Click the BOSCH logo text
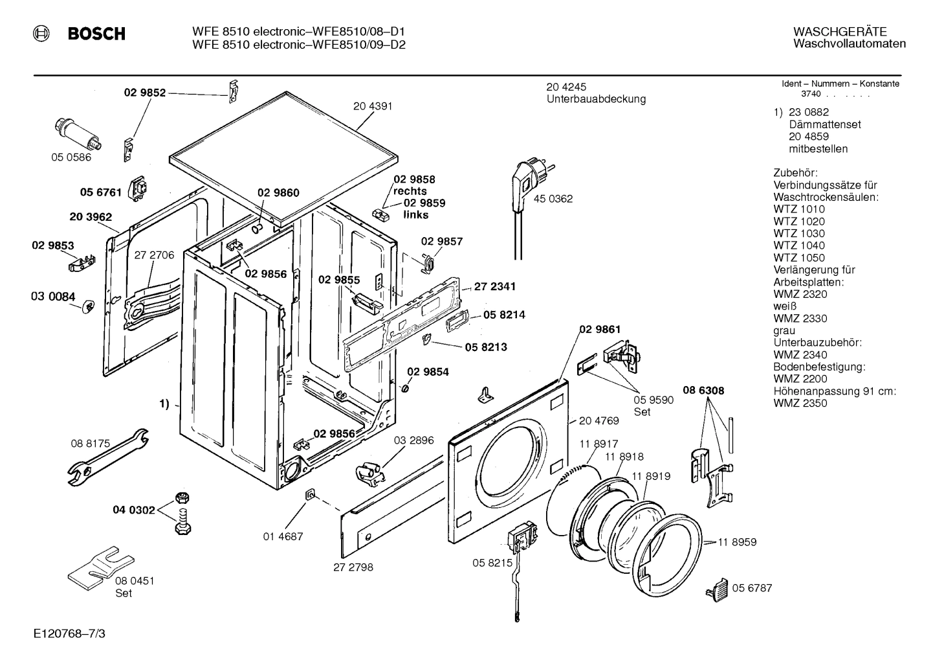[96, 34]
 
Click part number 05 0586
[71, 157]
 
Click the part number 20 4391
[373, 106]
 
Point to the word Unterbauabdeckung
[596, 99]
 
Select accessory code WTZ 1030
[799, 233]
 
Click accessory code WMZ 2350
[800, 403]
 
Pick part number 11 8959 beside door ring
[736, 542]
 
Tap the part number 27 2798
[353, 567]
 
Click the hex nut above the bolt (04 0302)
[182, 498]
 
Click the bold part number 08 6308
[703, 391]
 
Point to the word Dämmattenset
[824, 124]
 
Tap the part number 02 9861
[599, 329]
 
